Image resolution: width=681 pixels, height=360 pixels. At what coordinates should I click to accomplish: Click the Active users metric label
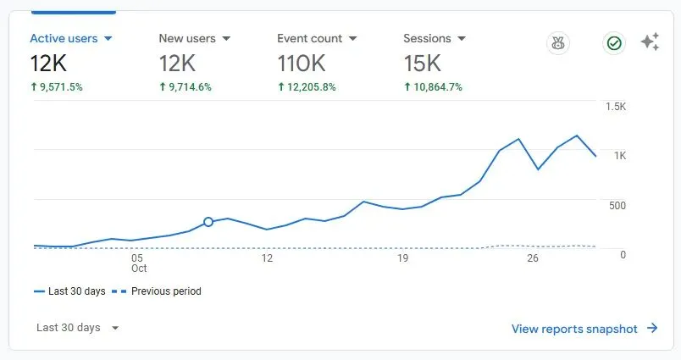[x=64, y=39]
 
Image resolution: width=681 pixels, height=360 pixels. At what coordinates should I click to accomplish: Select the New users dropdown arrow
[x=226, y=39]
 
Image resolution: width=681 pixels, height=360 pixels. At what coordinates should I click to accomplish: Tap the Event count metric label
[x=310, y=39]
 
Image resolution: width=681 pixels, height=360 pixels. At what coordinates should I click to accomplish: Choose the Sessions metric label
[x=427, y=39]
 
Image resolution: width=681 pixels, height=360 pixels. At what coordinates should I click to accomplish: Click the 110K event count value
[x=302, y=64]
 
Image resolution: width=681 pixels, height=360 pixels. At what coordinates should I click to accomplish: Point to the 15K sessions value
[x=422, y=64]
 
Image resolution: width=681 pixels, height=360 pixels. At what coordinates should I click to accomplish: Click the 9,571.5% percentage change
[x=57, y=87]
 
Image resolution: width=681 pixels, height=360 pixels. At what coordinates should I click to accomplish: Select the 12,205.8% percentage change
[x=307, y=87]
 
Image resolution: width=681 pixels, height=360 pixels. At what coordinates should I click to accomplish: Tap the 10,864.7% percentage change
[x=433, y=87]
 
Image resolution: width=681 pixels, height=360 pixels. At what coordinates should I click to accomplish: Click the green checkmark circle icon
[x=614, y=43]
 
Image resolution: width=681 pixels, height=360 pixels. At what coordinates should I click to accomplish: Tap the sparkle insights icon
[x=651, y=42]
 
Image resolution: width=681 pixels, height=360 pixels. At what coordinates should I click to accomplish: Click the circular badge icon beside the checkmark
[x=558, y=43]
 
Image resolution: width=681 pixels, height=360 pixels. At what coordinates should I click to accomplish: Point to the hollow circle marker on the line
[x=208, y=222]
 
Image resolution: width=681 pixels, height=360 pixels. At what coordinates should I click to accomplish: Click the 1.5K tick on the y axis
[x=616, y=107]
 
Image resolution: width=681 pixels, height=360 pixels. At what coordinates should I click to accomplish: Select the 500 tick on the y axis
[x=617, y=205]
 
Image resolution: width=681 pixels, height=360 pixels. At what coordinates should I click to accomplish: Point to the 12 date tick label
[x=267, y=258]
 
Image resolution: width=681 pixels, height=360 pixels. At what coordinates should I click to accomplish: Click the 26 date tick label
[x=533, y=258]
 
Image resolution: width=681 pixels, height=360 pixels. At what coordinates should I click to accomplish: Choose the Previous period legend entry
[x=157, y=291]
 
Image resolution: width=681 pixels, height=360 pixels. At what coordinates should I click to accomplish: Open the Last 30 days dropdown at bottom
[x=77, y=328]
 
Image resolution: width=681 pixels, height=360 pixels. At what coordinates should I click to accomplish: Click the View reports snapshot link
[x=584, y=329]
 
